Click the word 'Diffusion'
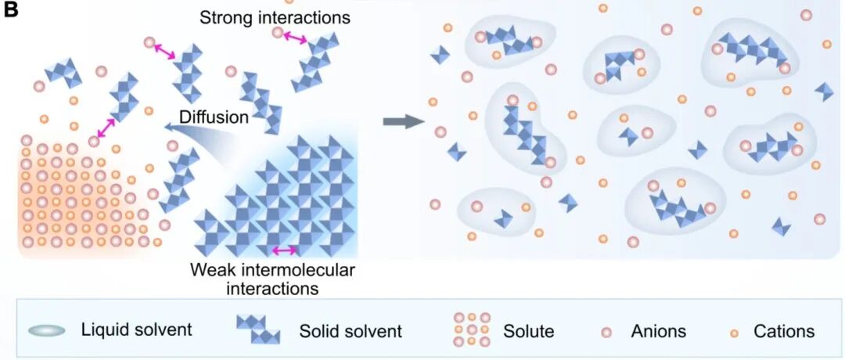point(214,117)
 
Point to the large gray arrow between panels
point(402,121)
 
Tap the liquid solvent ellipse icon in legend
point(47,330)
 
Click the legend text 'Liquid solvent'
point(136,329)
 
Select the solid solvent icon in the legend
point(258,329)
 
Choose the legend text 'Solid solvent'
point(351,330)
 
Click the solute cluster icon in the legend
point(472,329)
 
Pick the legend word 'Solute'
point(529,330)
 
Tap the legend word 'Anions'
point(659,330)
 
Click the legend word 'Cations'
point(784,330)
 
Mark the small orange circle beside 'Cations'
point(733,331)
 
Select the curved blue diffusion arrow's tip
point(167,128)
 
